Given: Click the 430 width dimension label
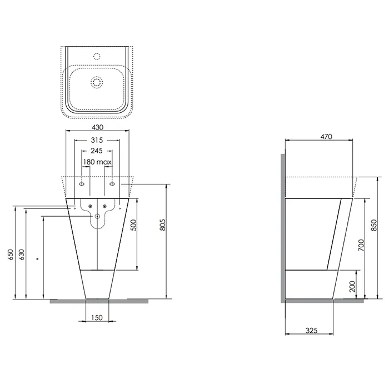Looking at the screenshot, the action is (97, 127).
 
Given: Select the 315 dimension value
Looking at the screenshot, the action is (97, 140).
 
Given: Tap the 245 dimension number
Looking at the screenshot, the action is (97, 151).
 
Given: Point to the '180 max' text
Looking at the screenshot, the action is (97, 162).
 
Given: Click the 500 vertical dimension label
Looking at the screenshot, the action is (133, 225).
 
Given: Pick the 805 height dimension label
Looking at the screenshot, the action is (162, 225).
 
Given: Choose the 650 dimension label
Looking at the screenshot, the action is (11, 255).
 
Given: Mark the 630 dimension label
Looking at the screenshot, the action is (22, 255).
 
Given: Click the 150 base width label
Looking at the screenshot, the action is (97, 317).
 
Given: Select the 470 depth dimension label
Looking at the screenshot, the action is (326, 137).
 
